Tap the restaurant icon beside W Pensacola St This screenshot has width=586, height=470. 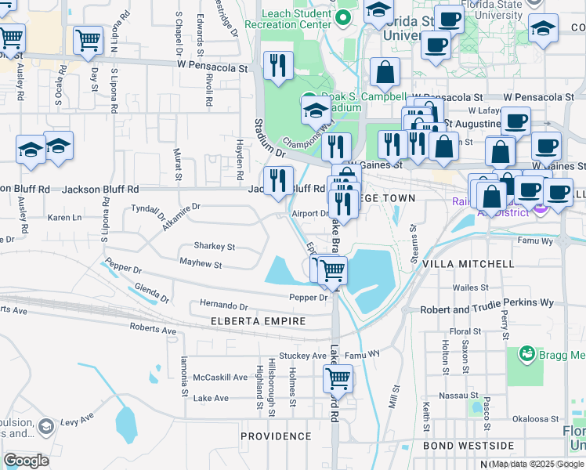pyautogui.click(x=278, y=67)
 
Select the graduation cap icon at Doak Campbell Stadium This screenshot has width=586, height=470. pyautogui.click(x=316, y=110)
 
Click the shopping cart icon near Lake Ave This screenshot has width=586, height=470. pyautogui.click(x=338, y=380)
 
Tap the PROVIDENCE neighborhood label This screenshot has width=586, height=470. pyautogui.click(x=276, y=436)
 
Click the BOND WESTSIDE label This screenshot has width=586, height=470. pyautogui.click(x=468, y=446)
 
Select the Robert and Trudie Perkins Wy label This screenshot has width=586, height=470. pyautogui.click(x=487, y=302)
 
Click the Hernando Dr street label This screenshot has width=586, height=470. pyautogui.click(x=223, y=307)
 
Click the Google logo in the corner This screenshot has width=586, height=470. pyautogui.click(x=26, y=461)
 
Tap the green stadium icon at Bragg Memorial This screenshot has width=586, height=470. pyautogui.click(x=527, y=355)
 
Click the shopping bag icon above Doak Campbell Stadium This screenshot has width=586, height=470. pyautogui.click(x=385, y=74)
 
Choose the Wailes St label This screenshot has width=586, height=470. pyautogui.click(x=471, y=287)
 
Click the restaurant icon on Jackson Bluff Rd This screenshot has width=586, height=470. pyautogui.click(x=278, y=182)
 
